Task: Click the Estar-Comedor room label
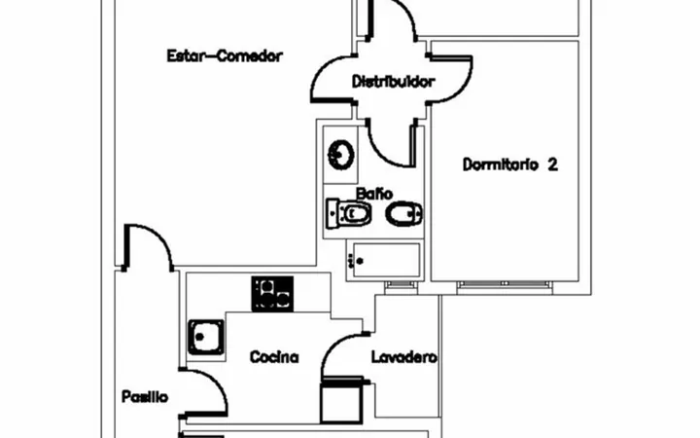click(x=225, y=55)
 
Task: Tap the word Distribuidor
click(x=394, y=82)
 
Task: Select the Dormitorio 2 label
click(x=509, y=164)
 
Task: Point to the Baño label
click(x=374, y=194)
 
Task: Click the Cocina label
click(x=274, y=356)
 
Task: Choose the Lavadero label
click(x=404, y=357)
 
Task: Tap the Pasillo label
click(x=145, y=396)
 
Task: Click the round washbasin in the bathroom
click(x=341, y=155)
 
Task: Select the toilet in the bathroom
click(x=349, y=213)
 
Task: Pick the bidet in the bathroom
click(x=404, y=214)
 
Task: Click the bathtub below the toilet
click(x=385, y=260)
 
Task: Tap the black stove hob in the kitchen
click(x=272, y=294)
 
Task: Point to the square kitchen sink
click(x=206, y=337)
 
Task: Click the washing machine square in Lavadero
click(x=342, y=401)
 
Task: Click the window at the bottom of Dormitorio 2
click(x=505, y=284)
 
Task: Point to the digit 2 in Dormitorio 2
click(x=552, y=164)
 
